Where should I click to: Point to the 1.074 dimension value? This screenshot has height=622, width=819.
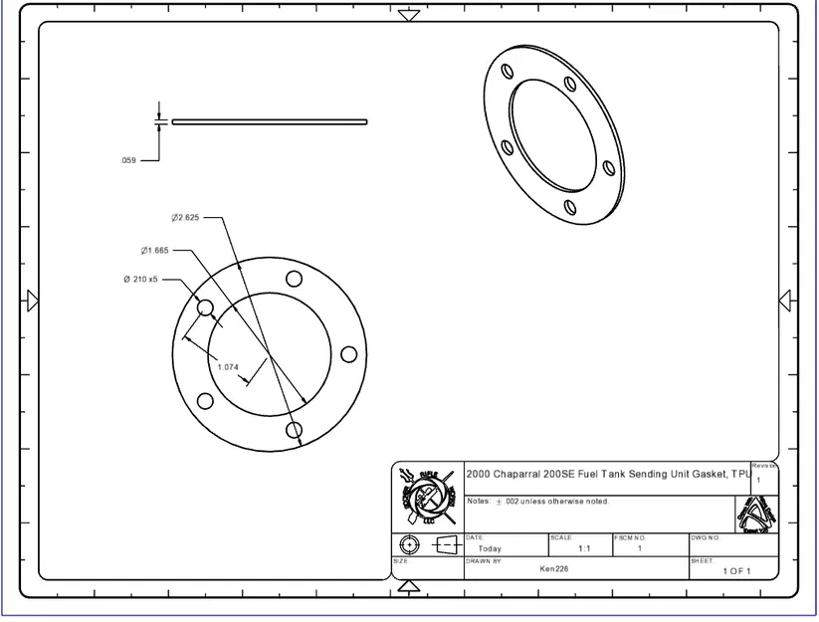click(x=228, y=367)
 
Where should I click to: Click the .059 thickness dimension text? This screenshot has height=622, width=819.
click(x=128, y=159)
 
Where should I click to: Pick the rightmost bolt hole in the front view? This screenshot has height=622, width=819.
click(x=348, y=354)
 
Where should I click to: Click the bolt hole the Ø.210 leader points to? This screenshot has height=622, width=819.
click(x=205, y=309)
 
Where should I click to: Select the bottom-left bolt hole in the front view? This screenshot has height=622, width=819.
click(x=205, y=401)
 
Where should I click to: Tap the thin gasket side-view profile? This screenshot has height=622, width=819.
click(x=269, y=122)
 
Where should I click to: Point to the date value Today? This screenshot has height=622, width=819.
click(x=490, y=548)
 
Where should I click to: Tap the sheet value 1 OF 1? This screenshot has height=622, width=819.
click(x=736, y=571)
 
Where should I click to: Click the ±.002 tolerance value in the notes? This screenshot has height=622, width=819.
click(x=505, y=502)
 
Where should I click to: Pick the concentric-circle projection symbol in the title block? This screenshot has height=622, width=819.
click(x=409, y=545)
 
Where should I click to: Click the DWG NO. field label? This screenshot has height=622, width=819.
click(x=705, y=537)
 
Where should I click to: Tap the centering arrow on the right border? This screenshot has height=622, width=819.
click(x=785, y=301)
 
